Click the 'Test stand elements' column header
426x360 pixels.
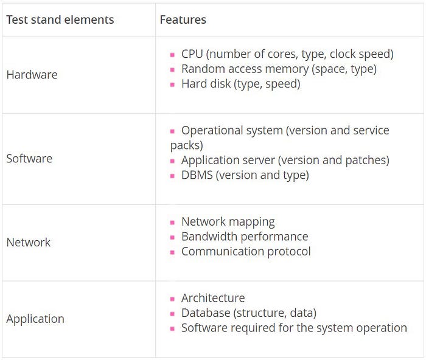[60, 20]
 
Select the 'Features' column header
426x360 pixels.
[183, 20]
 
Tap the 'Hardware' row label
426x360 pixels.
[32, 75]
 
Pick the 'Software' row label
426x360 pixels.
[29, 159]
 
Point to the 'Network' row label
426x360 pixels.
[29, 243]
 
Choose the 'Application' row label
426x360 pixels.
[35, 319]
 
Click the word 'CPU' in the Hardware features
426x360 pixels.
[192, 54]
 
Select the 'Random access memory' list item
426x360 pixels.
[279, 69]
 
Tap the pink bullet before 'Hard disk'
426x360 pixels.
[172, 85]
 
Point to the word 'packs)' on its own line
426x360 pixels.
[187, 145]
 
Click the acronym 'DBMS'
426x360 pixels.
[197, 175]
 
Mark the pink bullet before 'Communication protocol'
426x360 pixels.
[172, 252]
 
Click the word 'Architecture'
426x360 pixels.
[213, 298]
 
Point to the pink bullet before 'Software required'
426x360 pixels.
[172, 329]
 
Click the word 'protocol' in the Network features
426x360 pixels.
[289, 252]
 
